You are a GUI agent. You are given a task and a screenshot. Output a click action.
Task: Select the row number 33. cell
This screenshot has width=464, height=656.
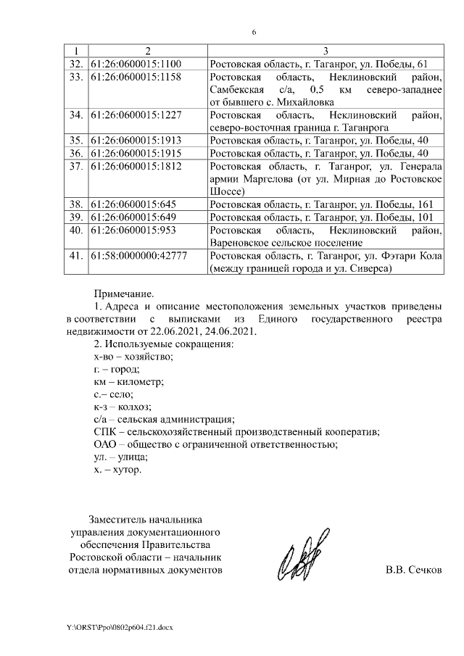pos(75,77)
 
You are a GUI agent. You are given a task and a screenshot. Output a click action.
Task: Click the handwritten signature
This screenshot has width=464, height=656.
pos(301,562)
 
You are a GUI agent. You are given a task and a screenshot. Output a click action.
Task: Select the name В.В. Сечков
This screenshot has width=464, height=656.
pos(413,570)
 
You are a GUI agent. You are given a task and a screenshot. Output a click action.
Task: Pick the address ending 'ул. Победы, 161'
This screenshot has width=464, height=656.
pos(321,204)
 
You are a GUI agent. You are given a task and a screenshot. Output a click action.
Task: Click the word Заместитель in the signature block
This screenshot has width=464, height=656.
pos(117,519)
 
